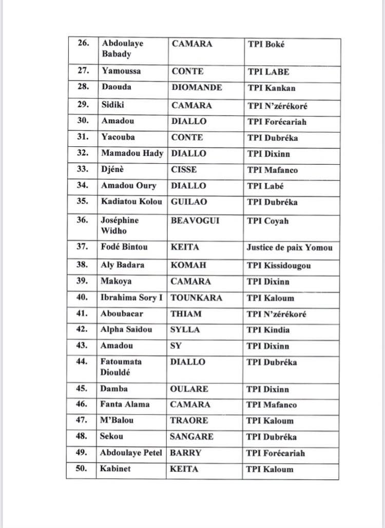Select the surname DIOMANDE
pos(197,88)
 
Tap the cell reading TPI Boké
pos(266,44)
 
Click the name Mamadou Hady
pos(132,153)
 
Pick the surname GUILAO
pos(188,202)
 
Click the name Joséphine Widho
pos(120,226)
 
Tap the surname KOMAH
pos(186,265)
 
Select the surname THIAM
pos(186,314)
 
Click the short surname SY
pos(176,346)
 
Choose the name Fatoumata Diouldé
pos(121,367)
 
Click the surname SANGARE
pos(191,437)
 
